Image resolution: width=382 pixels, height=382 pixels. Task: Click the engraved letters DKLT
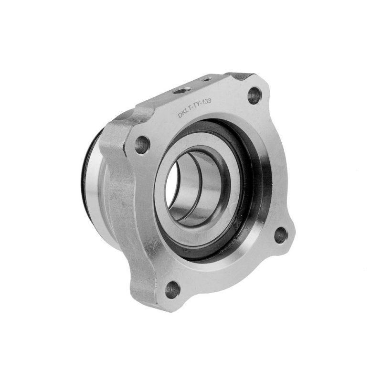coord(185,113)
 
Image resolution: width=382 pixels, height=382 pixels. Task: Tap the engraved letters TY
coord(197,106)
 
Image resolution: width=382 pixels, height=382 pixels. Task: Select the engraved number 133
coord(207,101)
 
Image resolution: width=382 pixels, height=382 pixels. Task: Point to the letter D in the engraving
coord(180,115)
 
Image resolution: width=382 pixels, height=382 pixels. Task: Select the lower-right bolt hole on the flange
coord(281,235)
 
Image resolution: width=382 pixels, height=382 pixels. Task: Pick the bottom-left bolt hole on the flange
coord(172,290)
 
